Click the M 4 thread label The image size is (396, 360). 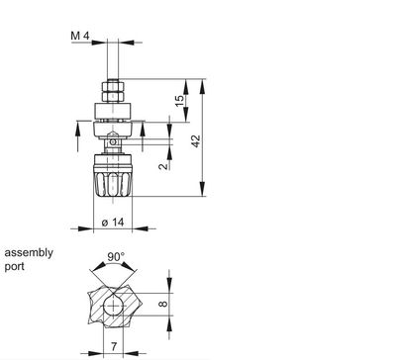[x=83, y=37]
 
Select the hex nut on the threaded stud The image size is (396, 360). [x=115, y=90]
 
